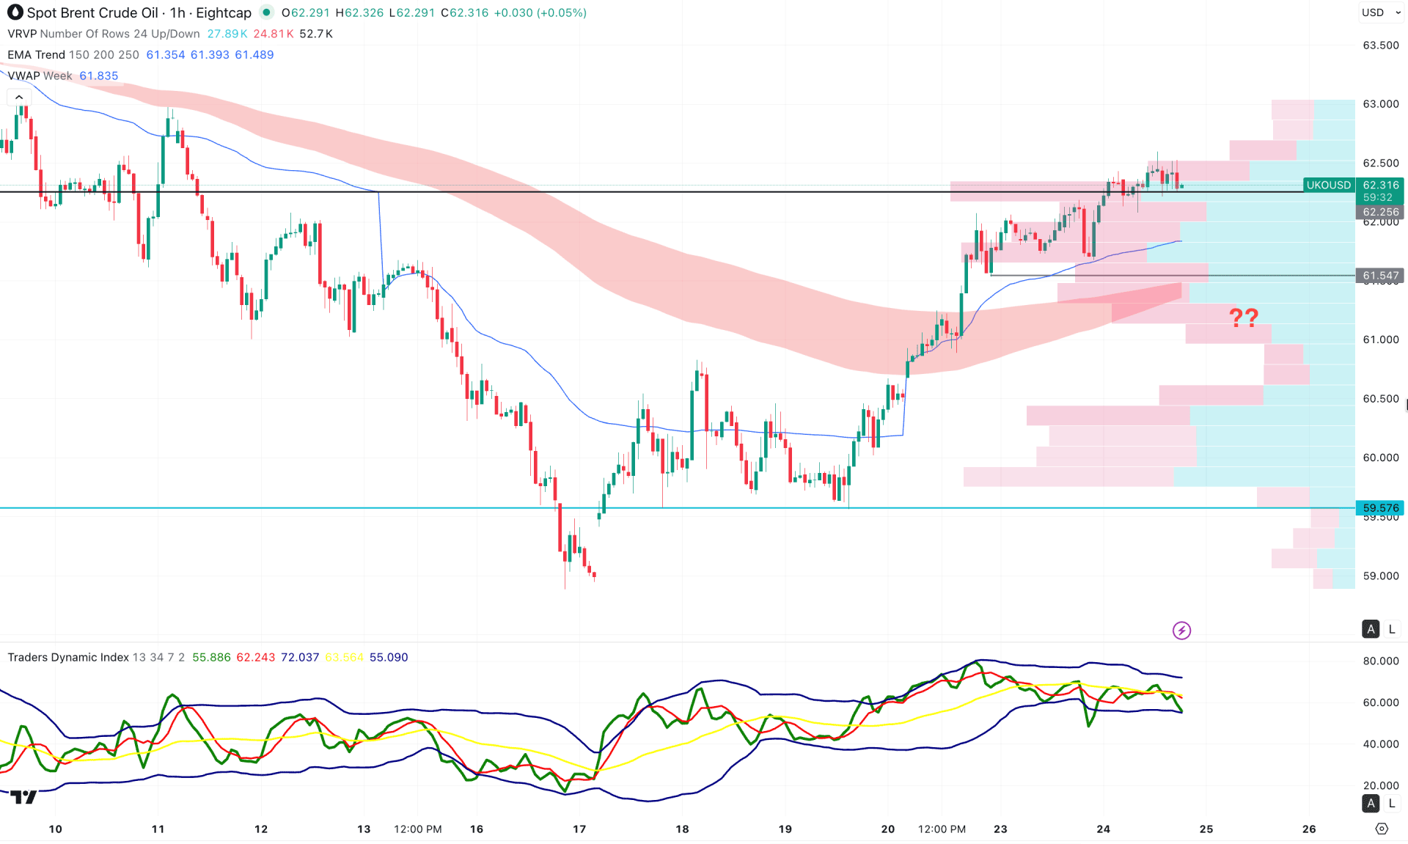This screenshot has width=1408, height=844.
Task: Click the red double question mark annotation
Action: click(x=1243, y=318)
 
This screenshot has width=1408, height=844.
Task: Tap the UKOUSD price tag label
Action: click(x=1328, y=186)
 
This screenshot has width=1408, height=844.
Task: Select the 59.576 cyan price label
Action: click(x=1380, y=507)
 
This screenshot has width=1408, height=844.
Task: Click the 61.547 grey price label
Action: click(x=1380, y=276)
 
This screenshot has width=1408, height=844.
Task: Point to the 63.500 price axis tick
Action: click(x=1380, y=45)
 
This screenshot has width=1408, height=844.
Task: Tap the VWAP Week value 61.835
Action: click(x=99, y=76)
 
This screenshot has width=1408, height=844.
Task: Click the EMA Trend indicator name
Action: click(x=36, y=55)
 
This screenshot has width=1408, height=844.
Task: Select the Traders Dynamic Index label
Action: click(x=68, y=657)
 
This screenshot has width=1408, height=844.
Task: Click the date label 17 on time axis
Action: click(x=579, y=829)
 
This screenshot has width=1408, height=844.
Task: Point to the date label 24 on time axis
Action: click(x=1103, y=829)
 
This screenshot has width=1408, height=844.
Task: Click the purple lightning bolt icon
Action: click(x=1181, y=631)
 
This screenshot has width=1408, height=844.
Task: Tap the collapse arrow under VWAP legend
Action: click(x=19, y=97)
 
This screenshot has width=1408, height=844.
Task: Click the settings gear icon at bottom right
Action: click(x=1382, y=829)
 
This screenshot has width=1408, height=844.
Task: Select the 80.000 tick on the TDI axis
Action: click(x=1380, y=661)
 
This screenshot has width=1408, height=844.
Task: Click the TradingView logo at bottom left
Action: click(x=23, y=797)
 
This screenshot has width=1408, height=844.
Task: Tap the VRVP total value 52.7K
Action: click(x=316, y=34)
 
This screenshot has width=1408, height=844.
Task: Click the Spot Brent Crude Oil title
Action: click(x=92, y=12)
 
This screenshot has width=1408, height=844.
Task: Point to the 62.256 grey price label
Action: click(x=1380, y=212)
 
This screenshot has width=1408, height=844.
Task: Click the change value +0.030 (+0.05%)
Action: click(x=540, y=12)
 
